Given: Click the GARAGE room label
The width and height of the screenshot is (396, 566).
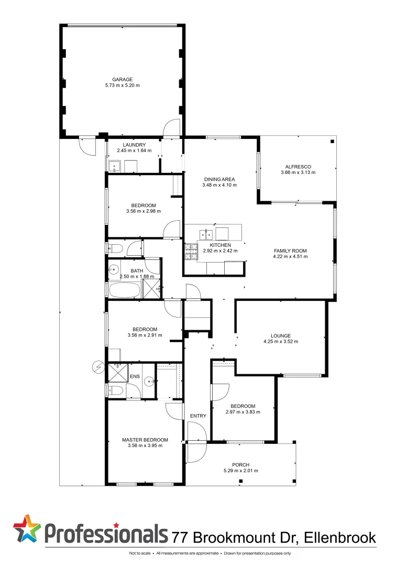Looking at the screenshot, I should click(122, 80).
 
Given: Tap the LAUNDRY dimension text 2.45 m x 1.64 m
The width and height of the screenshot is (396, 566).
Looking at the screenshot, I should click(134, 151).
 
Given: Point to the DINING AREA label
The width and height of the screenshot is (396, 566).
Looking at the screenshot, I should click(219, 179).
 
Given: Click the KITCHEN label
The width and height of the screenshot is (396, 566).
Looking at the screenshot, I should click(220, 245).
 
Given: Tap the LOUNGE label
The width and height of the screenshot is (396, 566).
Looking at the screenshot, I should click(280, 335).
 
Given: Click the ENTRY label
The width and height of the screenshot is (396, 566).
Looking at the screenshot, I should click(198, 416).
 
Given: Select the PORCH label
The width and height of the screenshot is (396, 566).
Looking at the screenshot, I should click(240, 464).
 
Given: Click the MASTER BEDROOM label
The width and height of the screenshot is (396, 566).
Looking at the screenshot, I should click(145, 440).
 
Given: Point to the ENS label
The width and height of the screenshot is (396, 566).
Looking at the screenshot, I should click(135, 376).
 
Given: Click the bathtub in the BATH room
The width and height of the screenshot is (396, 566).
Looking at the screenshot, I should click(124, 289).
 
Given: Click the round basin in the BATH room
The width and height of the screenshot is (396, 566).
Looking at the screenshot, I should click(114, 271).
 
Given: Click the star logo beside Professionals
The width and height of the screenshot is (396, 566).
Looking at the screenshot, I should click(27, 528).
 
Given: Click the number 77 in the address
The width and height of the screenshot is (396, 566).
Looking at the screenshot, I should click(181, 537).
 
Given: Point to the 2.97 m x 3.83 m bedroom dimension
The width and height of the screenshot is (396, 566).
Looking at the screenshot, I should click(243, 412).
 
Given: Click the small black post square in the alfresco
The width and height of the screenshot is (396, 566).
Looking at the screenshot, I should click(332, 141).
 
